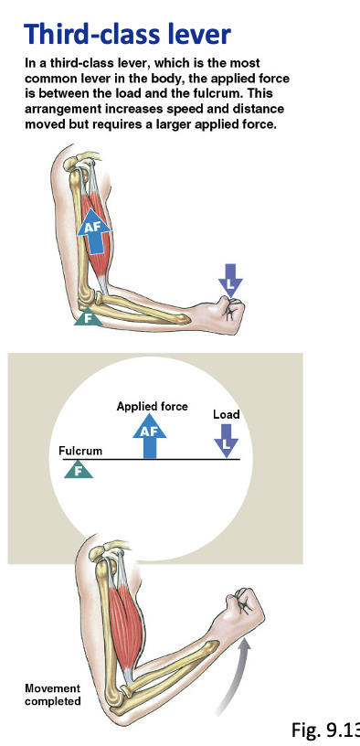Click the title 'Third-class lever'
(x=127, y=35)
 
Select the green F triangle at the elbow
(x=87, y=318)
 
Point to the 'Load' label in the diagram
(x=226, y=415)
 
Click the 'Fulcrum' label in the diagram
(x=80, y=452)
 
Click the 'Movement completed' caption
(x=52, y=695)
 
